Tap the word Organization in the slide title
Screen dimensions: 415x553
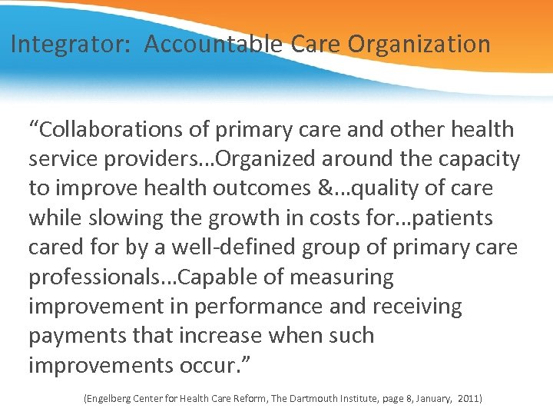click(419, 45)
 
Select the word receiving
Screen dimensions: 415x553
click(417, 307)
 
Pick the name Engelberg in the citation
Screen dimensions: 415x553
click(107, 399)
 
